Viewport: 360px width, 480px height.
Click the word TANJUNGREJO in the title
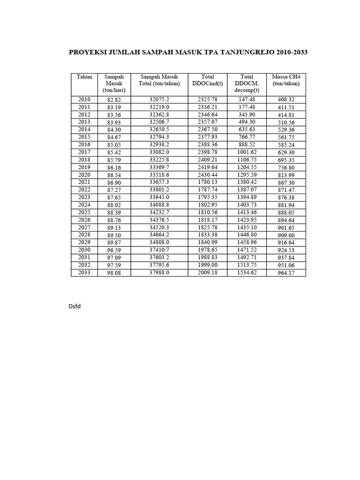point(238,52)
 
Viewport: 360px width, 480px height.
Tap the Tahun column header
point(84,76)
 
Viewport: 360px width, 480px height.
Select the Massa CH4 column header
point(286,80)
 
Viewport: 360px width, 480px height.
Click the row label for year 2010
point(84,100)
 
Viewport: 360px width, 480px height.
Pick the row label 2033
point(84,273)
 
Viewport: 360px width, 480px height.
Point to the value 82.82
point(114,100)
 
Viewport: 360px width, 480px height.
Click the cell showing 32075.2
point(159,100)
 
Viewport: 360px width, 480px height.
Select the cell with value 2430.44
point(207,175)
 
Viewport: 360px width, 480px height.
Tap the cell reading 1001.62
point(247,152)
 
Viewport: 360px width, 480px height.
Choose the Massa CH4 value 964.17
point(286,273)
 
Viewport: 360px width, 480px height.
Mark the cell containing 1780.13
point(207,182)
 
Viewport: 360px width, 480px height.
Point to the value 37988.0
point(159,273)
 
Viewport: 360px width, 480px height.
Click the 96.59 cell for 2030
point(114,250)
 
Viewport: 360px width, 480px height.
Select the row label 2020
point(84,175)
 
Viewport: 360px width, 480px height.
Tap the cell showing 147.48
point(247,100)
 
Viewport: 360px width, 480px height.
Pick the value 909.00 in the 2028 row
point(286,235)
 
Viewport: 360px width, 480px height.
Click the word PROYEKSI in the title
point(88,52)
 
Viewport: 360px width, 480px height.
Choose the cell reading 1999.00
point(207,265)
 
